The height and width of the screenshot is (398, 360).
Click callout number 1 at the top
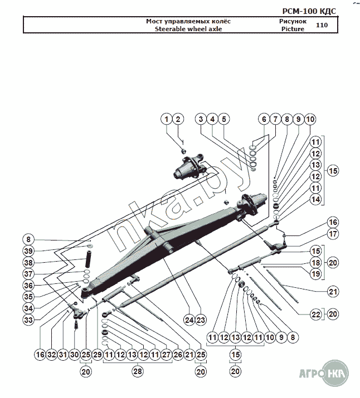click(x=167, y=119)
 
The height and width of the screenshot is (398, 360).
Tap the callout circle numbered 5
click(x=224, y=119)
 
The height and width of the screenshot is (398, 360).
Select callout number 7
click(x=275, y=119)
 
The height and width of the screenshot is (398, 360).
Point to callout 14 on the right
click(x=315, y=199)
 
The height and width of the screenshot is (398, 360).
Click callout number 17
click(x=333, y=234)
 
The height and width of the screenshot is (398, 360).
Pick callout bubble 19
click(x=315, y=274)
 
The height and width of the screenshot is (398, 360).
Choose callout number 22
click(x=315, y=315)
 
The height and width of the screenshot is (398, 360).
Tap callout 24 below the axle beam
click(x=189, y=320)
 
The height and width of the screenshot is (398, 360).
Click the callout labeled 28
click(x=138, y=371)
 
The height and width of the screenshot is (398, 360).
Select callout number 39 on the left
click(x=28, y=251)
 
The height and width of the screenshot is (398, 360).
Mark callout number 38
click(x=28, y=262)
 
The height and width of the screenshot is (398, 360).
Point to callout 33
click(x=28, y=320)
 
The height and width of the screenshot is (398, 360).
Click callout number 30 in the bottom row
click(x=74, y=355)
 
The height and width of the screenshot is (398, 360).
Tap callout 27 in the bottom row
click(x=166, y=355)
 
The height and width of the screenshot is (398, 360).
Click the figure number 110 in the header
click(x=322, y=25)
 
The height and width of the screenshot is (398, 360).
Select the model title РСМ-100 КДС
click(x=309, y=11)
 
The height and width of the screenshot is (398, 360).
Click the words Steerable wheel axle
click(x=188, y=29)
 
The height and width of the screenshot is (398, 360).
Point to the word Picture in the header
click(x=293, y=29)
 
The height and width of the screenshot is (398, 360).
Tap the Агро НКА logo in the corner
click(x=324, y=374)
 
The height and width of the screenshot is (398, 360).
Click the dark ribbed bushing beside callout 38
click(x=89, y=259)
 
